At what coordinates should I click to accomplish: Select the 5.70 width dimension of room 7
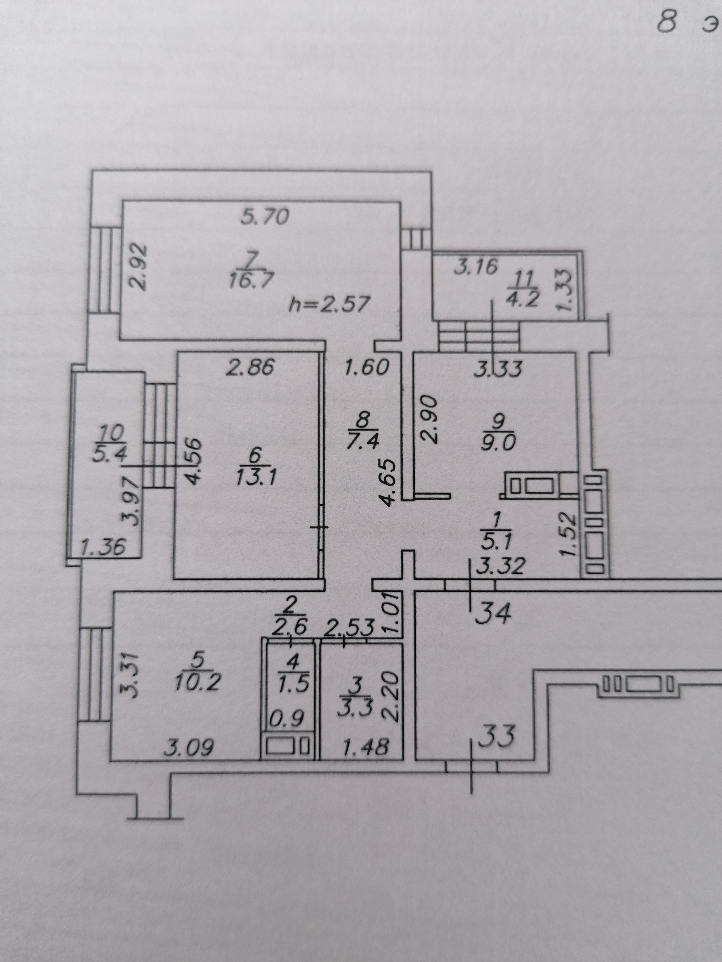pos(265,217)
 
